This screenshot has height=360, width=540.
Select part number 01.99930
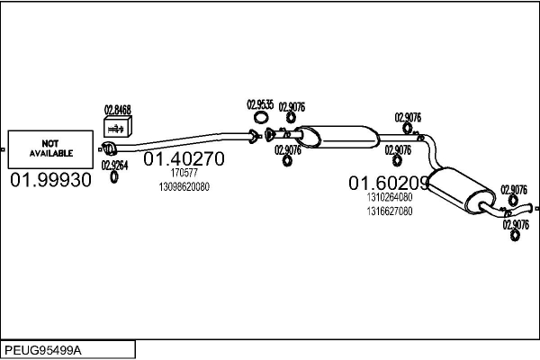[x=51, y=180]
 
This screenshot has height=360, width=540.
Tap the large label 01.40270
[x=184, y=158]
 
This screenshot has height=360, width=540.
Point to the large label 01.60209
[x=389, y=183]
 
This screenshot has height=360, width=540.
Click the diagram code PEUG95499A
[x=43, y=350]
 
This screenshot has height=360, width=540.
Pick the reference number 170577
[x=184, y=173]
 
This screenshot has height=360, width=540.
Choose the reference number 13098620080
[x=184, y=186]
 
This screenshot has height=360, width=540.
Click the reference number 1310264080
[x=389, y=197]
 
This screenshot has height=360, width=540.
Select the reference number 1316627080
[x=389, y=211]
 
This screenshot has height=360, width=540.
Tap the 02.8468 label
[x=118, y=110]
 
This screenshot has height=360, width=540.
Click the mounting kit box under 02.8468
[x=117, y=127]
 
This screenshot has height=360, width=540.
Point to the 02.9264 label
[x=114, y=166]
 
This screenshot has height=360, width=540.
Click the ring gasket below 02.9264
[x=114, y=177]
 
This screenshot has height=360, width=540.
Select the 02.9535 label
[x=260, y=104]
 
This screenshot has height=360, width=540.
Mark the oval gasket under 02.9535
[x=261, y=118]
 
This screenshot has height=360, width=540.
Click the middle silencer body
[x=337, y=137]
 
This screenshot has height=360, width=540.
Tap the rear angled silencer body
[x=461, y=189]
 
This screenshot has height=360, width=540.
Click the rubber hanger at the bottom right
[x=515, y=236]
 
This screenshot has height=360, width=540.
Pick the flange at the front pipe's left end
[x=109, y=148]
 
